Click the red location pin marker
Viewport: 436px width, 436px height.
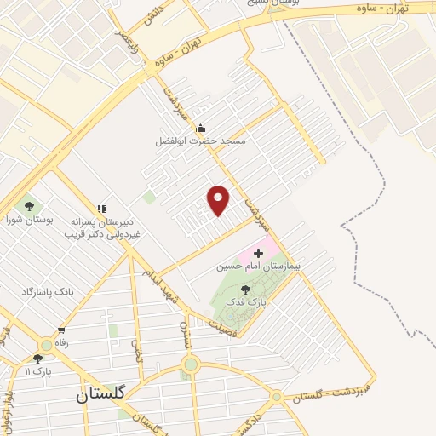click(x=219, y=199)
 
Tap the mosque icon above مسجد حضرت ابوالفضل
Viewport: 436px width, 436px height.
click(x=200, y=129)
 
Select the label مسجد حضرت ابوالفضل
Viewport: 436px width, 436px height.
click(x=200, y=141)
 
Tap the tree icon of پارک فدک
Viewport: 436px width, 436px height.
click(x=246, y=290)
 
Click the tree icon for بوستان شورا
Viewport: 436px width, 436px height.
click(x=30, y=206)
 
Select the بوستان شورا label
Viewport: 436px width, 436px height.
click(x=30, y=220)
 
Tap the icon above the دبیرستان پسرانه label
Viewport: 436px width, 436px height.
click(x=101, y=208)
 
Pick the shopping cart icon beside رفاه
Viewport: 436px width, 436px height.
click(x=61, y=330)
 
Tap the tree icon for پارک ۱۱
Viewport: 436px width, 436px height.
click(x=37, y=359)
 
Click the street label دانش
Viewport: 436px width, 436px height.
click(x=153, y=14)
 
